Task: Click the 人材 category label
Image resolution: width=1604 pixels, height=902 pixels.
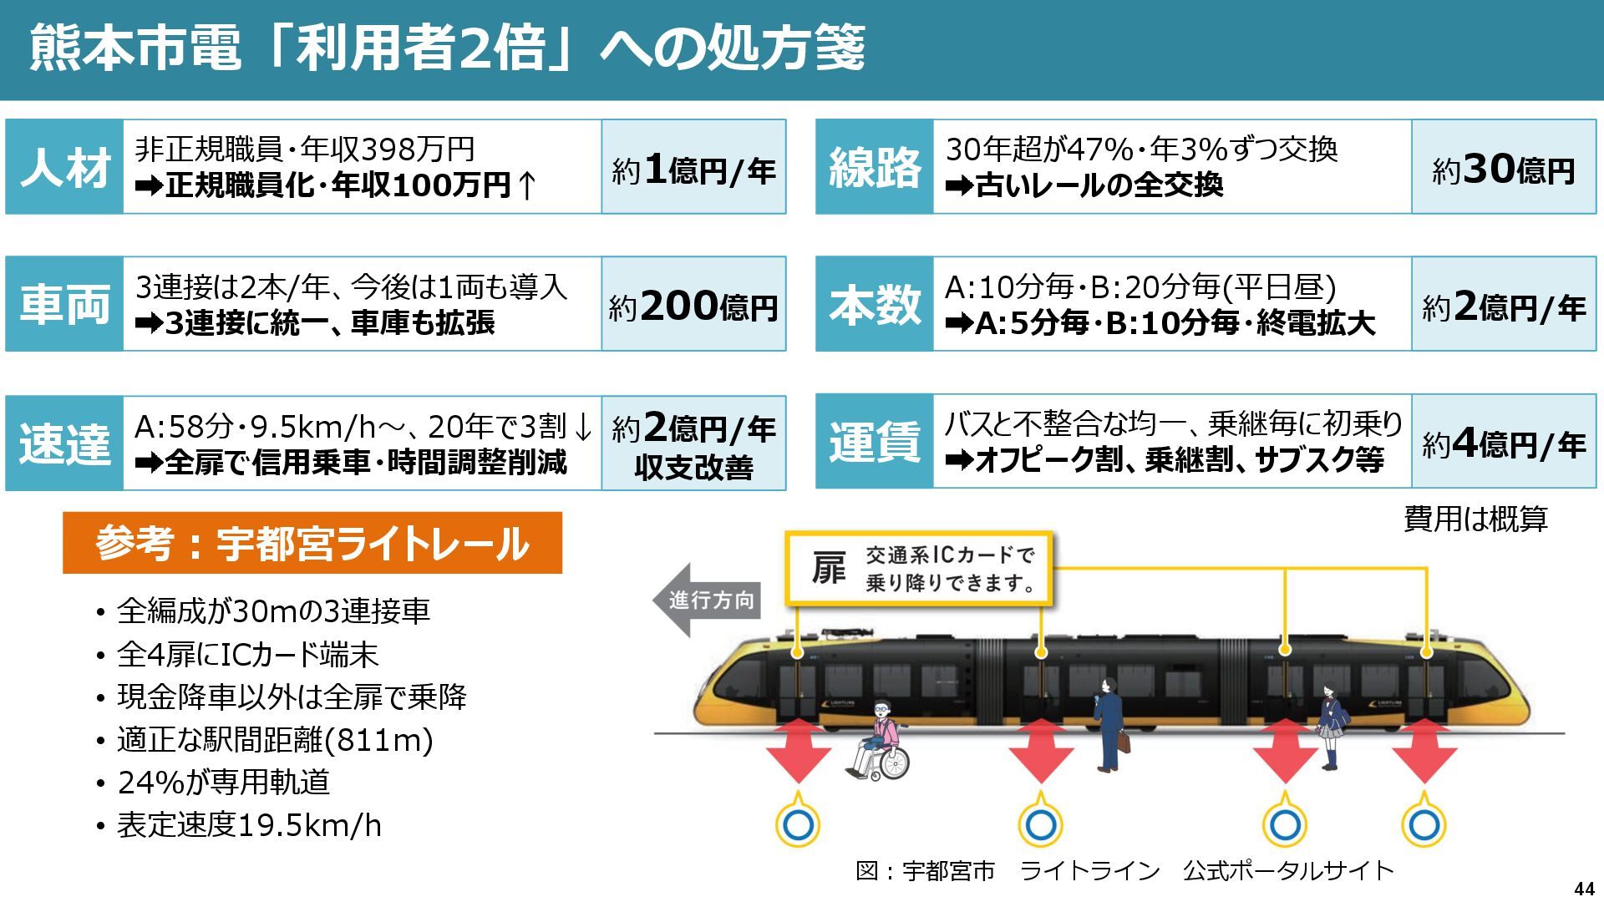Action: [64, 167]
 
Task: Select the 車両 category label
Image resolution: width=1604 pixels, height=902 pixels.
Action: [64, 304]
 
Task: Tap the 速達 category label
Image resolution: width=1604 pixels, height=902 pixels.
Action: [64, 443]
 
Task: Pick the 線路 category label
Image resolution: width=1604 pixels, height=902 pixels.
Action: [874, 167]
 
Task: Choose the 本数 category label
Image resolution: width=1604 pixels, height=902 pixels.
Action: [874, 304]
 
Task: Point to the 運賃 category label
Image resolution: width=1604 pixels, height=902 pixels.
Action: [874, 442]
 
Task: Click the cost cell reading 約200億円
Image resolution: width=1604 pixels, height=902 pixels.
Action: [693, 305]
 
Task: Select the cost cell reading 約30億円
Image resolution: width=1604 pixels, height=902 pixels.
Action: [1504, 168]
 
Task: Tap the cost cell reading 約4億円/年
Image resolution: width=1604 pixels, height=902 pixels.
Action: [1504, 443]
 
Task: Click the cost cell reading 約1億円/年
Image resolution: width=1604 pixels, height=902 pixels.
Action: [693, 168]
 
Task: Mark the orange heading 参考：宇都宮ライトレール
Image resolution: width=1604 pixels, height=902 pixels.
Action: [312, 543]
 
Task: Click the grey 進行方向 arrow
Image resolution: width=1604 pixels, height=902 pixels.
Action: [707, 600]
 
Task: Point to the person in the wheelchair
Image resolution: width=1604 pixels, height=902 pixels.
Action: [880, 742]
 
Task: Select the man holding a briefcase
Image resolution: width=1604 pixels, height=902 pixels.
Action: [1109, 723]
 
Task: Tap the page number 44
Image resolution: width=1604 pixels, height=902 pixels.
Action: [1583, 889]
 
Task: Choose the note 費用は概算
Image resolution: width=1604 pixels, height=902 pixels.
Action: [1475, 519]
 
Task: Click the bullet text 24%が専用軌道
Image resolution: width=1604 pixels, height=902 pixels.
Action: [224, 783]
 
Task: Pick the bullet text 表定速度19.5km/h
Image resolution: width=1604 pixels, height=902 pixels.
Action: [249, 825]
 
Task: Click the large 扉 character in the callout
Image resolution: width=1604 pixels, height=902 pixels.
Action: [828, 569]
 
